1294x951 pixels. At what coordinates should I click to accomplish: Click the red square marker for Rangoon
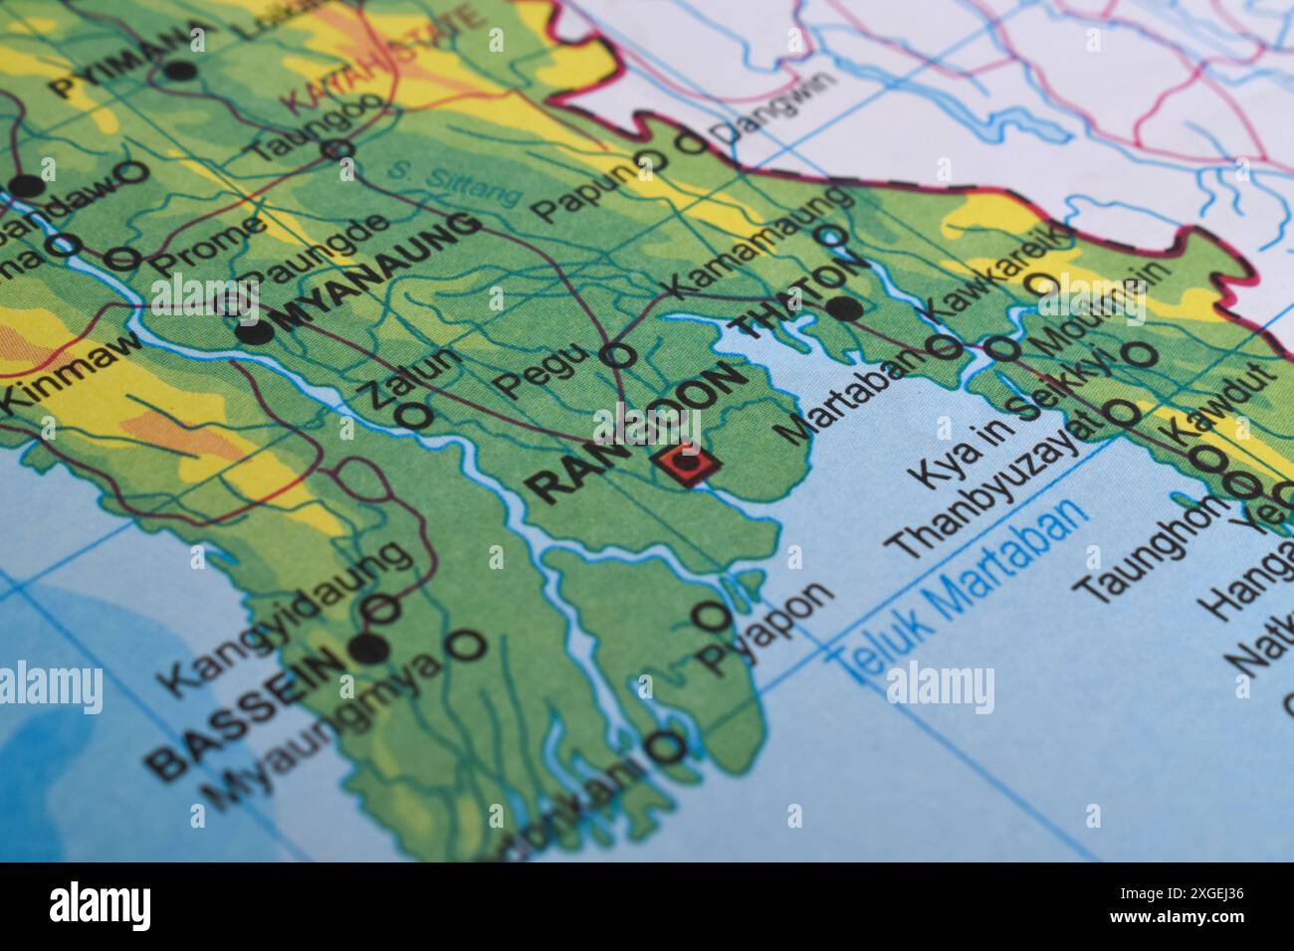pyautogui.click(x=684, y=464)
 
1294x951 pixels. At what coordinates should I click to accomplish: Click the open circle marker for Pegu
pyautogui.click(x=620, y=354)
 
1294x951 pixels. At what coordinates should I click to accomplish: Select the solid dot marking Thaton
pyautogui.click(x=845, y=308)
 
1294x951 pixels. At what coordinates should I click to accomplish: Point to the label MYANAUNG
pyautogui.click(x=378, y=272)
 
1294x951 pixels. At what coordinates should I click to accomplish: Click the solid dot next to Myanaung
pyautogui.click(x=257, y=332)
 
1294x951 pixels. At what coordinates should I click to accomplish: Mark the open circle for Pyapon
pyautogui.click(x=711, y=617)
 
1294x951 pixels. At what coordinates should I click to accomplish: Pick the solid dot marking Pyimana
pyautogui.click(x=180, y=71)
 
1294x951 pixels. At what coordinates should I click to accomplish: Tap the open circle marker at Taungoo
pyautogui.click(x=337, y=150)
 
